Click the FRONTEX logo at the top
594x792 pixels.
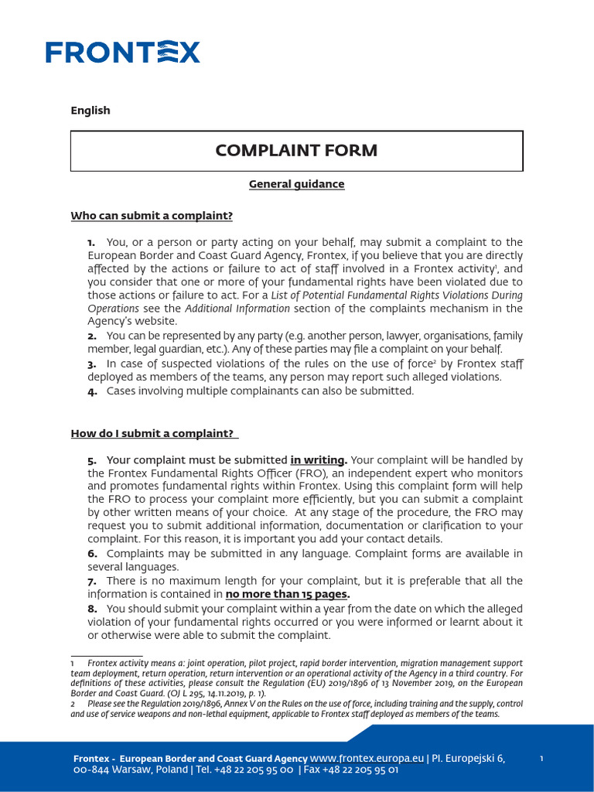[123, 52]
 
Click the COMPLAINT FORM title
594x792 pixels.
[296, 151]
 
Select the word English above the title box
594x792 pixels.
[90, 111]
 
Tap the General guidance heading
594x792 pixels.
[296, 184]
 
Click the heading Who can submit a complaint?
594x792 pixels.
[152, 216]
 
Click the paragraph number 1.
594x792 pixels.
[91, 243]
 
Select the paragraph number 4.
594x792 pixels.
[92, 391]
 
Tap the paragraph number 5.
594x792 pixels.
[92, 461]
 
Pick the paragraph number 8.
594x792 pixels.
[92, 609]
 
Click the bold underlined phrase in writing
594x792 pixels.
[318, 461]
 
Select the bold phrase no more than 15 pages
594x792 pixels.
[287, 595]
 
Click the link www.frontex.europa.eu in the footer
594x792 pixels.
[367, 758]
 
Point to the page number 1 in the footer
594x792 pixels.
[541, 759]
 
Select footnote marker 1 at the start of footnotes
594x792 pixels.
[72, 664]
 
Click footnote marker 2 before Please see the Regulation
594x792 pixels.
[72, 704]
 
